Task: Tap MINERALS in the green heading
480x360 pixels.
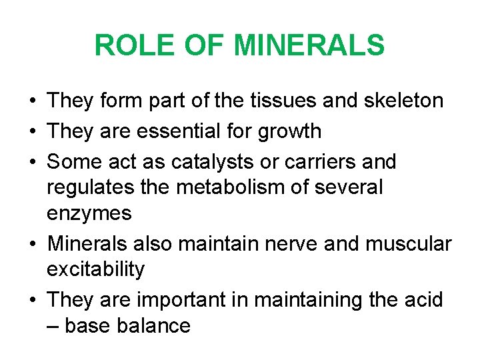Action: [x=309, y=45]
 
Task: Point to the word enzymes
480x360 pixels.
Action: [x=89, y=214]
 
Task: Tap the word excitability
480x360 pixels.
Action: [x=95, y=269]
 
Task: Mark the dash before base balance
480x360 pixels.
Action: [x=52, y=325]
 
